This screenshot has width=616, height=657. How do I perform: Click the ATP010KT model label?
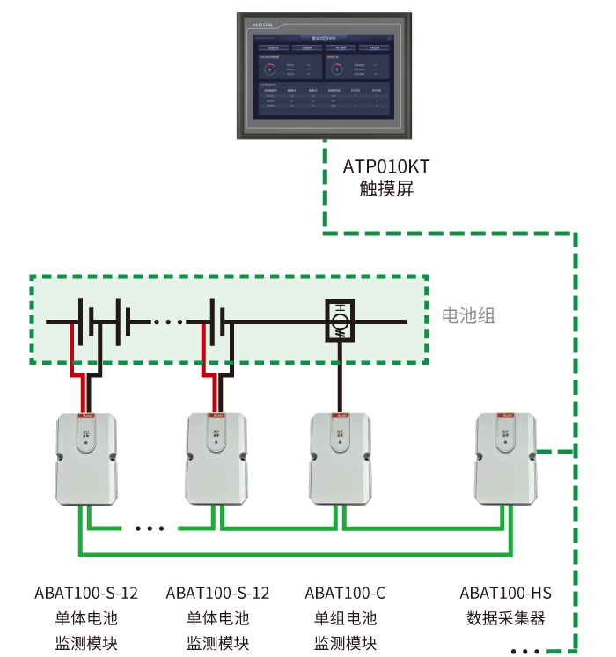pyautogui.click(x=385, y=166)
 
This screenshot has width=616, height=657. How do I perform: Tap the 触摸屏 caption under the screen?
pyautogui.click(x=385, y=188)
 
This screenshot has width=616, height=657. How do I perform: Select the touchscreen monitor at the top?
pyautogui.click(x=324, y=76)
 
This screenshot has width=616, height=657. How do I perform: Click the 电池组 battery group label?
pyautogui.click(x=468, y=316)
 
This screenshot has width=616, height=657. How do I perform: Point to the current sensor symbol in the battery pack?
pyautogui.click(x=339, y=320)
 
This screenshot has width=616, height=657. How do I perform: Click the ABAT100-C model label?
pyautogui.click(x=345, y=593)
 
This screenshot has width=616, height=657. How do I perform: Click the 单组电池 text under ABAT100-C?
pyautogui.click(x=345, y=618)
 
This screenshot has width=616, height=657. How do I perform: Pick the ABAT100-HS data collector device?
pyautogui.click(x=505, y=458)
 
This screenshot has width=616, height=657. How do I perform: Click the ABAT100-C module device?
pyautogui.click(x=340, y=458)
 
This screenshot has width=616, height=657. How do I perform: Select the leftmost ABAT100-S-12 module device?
pyautogui.click(x=85, y=458)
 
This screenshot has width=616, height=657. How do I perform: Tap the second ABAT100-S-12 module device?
pyautogui.click(x=216, y=458)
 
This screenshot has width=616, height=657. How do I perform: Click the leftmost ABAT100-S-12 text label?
pyautogui.click(x=86, y=593)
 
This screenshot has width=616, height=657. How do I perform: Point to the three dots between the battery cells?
pyautogui.click(x=167, y=321)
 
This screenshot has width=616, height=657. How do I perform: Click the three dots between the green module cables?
pyautogui.click(x=150, y=528)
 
